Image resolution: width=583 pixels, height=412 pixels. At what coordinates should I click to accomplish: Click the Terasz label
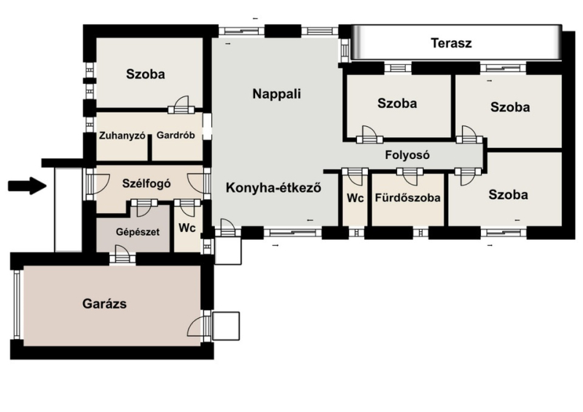click(451, 43)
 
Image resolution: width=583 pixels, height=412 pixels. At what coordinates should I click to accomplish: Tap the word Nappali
click(277, 94)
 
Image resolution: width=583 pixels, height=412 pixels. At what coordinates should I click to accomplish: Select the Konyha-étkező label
click(273, 187)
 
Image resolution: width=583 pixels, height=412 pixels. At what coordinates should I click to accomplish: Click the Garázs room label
click(104, 303)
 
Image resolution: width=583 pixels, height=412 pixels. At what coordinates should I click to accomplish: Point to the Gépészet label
click(138, 232)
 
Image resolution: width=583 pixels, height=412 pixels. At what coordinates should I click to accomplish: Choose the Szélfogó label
click(146, 184)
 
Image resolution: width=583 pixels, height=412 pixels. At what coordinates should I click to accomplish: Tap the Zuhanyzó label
click(122, 136)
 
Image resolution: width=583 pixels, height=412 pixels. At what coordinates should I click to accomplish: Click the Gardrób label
click(176, 135)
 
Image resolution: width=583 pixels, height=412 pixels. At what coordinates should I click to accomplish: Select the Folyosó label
click(407, 155)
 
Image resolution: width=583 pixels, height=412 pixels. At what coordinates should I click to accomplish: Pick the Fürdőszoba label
click(407, 198)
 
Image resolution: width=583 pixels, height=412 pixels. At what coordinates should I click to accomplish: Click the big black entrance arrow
click(27, 185)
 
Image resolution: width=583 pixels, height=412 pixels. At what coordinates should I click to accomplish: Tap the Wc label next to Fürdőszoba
click(355, 198)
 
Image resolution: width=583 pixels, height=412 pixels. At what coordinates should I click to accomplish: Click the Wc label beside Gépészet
click(187, 228)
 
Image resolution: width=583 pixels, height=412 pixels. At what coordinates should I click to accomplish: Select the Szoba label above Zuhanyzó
click(145, 74)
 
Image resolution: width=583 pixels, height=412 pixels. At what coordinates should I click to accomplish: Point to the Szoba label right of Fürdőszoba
click(508, 195)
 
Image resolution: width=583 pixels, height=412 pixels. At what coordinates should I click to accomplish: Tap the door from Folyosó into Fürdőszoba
click(410, 176)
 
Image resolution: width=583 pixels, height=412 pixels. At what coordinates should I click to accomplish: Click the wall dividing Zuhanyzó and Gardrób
click(150, 148)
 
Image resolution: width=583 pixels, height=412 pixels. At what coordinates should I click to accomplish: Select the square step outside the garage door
click(226, 326)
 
